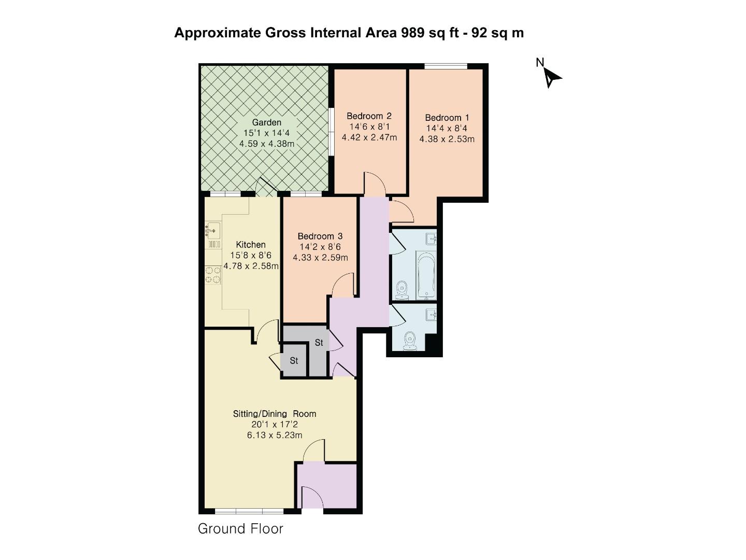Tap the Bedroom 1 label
coord(447,118)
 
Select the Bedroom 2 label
coord(369,116)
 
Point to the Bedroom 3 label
coord(320,236)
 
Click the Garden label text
coord(266,122)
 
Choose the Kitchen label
coord(251,245)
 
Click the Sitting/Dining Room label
coord(274,414)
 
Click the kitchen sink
coord(213,228)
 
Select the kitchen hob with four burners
coord(213,275)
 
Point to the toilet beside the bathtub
coord(401,291)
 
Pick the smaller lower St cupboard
coord(294,361)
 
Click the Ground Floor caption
coord(240,529)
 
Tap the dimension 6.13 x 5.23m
coord(274,436)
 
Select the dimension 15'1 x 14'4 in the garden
coord(266,133)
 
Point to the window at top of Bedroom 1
coord(446,66)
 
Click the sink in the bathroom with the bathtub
coord(432,239)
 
